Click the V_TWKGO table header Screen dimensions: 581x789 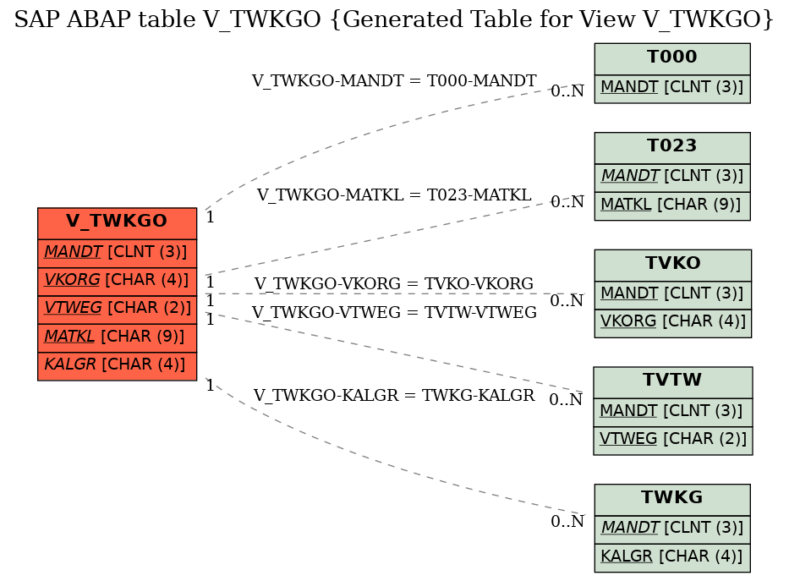click(117, 222)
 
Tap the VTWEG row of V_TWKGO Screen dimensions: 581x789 click(117, 309)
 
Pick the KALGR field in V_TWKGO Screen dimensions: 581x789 click(117, 364)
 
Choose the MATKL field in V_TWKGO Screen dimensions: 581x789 click(117, 337)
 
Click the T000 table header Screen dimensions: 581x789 click(671, 58)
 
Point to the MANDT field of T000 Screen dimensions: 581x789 click(671, 87)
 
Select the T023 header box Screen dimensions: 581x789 click(671, 146)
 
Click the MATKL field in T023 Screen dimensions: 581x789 click(671, 205)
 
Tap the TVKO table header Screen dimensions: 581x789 click(672, 264)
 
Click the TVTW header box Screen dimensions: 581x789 click(672, 381)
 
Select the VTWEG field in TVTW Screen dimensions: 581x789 click(672, 439)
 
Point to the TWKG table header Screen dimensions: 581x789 click(671, 498)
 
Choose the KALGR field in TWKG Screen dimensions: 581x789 click(671, 556)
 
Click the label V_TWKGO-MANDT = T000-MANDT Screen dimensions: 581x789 click(394, 81)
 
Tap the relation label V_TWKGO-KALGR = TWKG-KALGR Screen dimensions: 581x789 click(394, 396)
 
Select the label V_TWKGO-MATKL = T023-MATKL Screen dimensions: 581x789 click(394, 195)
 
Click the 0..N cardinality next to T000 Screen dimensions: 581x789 click(567, 91)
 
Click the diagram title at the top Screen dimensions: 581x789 click(394, 20)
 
